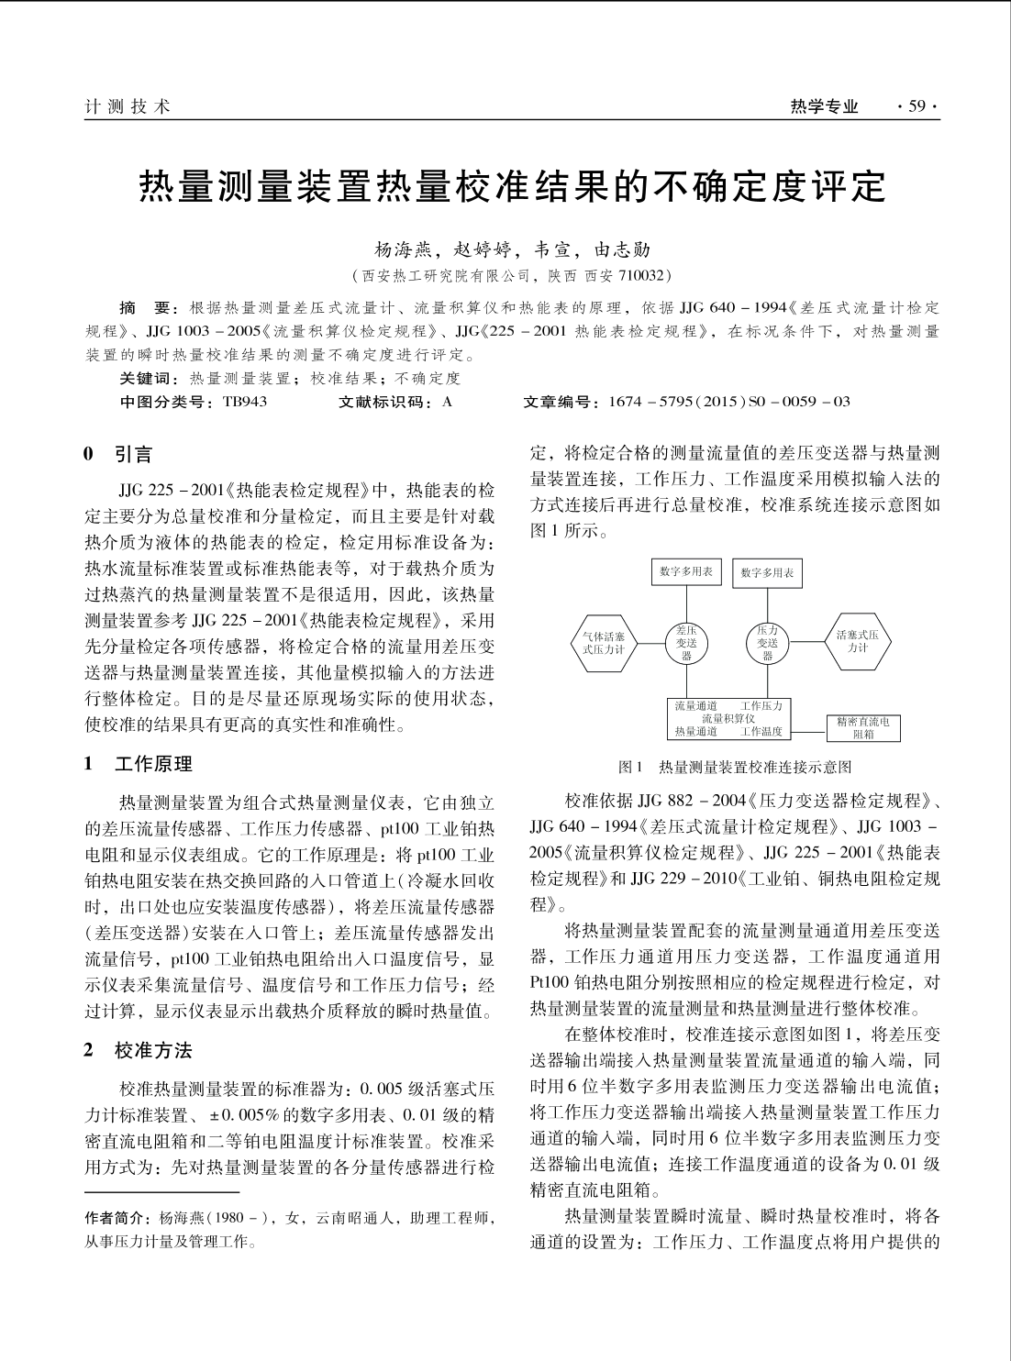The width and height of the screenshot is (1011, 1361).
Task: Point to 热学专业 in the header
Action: coord(824,107)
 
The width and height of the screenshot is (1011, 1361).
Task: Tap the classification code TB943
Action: coord(245,402)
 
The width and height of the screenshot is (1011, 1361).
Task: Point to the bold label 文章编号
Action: coord(559,402)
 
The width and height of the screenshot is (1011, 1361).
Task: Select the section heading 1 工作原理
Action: coord(139,764)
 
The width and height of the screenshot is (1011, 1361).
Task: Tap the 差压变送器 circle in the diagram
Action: coord(686,643)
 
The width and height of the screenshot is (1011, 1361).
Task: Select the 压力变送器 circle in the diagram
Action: coord(768,643)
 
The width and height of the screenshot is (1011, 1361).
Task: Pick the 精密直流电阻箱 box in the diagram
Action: coord(863,728)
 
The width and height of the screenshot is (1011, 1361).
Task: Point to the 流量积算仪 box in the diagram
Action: coord(728,718)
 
